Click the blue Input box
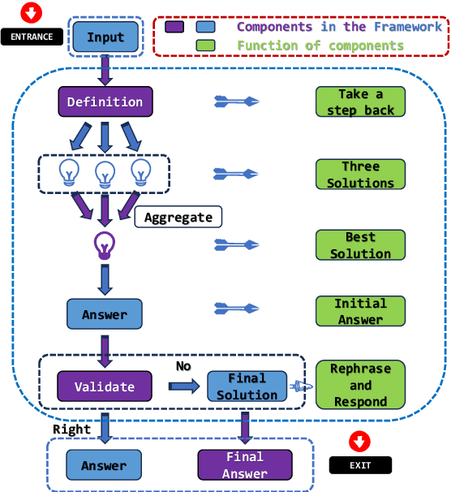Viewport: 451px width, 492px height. pos(105,37)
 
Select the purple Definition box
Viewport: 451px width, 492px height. pos(105,101)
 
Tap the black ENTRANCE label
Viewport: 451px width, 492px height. pos(32,37)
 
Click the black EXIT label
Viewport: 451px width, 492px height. pos(360,465)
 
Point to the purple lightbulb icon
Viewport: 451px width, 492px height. pos(104,244)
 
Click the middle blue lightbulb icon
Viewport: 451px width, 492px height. pos(105,173)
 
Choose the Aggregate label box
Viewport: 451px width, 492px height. pos(178,217)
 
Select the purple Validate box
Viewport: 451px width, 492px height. pos(105,386)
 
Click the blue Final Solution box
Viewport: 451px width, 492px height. pos(247,386)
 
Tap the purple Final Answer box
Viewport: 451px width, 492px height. pos(245,465)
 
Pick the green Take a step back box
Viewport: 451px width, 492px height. pos(360,102)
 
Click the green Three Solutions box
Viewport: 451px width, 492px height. pos(360,174)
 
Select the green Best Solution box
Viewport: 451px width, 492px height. pos(360,244)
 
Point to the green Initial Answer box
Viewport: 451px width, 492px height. pos(360,311)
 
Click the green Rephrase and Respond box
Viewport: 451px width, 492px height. pos(360,384)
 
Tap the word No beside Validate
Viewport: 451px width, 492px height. pos(183,366)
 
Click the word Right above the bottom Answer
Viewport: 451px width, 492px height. pos(71,429)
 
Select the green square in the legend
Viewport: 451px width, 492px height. pos(206,45)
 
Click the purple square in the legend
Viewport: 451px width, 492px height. pos(174,27)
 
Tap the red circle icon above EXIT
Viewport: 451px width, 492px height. pos(359,442)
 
